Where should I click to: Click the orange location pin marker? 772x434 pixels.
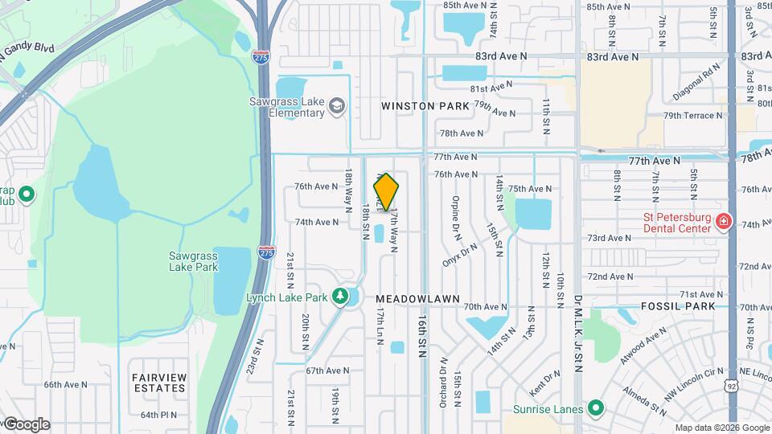386,191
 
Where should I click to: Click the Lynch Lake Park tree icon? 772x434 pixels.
340,297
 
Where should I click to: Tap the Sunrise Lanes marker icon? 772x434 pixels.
596,409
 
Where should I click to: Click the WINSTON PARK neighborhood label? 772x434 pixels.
425,106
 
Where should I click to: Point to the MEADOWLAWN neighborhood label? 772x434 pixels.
417,298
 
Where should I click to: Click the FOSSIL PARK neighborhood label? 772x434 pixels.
679,306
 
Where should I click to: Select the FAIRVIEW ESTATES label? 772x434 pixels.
158,383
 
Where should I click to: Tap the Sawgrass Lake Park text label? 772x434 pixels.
193,261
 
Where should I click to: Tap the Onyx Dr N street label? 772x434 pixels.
460,255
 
